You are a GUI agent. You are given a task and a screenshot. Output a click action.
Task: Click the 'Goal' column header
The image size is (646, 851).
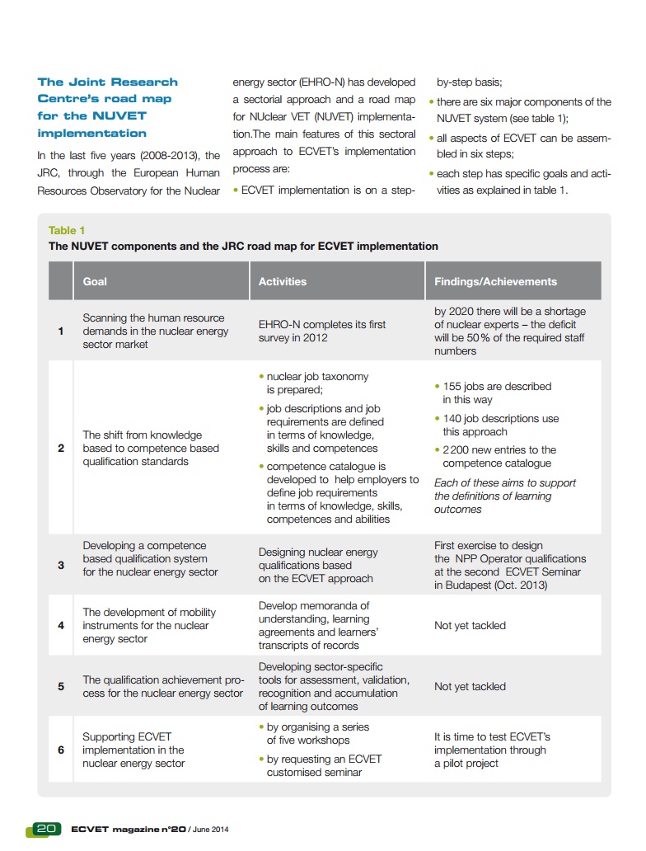[x=95, y=281]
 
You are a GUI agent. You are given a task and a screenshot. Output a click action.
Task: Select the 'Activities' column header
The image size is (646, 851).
[x=282, y=281]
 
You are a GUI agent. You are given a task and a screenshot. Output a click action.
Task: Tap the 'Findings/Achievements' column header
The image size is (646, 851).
[x=495, y=281]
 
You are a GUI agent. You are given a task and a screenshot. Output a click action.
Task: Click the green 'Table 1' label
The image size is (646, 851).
[x=67, y=231]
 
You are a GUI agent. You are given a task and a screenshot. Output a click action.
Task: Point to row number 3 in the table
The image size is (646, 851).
[x=61, y=566]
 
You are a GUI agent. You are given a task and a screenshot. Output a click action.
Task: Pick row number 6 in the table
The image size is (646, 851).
[x=61, y=750]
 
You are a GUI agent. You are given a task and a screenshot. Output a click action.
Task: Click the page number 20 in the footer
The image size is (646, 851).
[x=45, y=828]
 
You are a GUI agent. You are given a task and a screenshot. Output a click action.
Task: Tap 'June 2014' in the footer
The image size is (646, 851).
[x=210, y=829]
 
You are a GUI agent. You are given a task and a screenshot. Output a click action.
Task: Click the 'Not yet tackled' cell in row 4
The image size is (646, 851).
[x=470, y=626]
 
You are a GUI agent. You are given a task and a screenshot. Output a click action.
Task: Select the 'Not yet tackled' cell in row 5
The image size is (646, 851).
[x=470, y=687]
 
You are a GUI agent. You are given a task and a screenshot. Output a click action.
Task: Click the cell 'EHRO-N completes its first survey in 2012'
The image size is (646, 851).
[x=321, y=331]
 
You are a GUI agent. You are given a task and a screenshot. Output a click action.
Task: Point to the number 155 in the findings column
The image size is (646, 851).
[x=452, y=386]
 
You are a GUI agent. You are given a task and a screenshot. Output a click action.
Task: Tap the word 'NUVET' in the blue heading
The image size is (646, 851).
[x=119, y=115]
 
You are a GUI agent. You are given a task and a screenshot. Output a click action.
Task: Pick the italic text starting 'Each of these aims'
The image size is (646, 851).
[x=505, y=496]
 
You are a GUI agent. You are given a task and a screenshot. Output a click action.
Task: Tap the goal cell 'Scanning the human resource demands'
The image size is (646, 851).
[x=153, y=331]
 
